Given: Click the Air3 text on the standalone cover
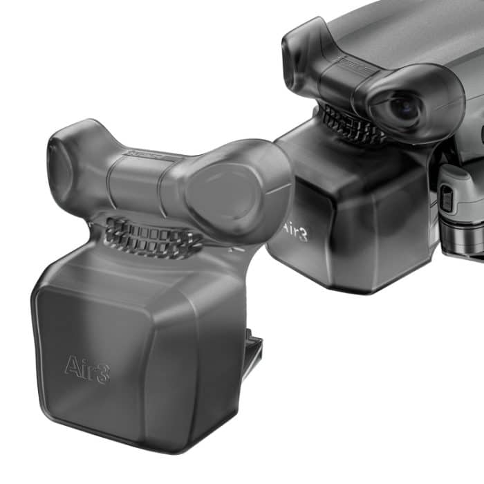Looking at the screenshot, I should pyautogui.click(x=87, y=366).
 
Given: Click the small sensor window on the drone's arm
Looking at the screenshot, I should pyautogui.click(x=447, y=200).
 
